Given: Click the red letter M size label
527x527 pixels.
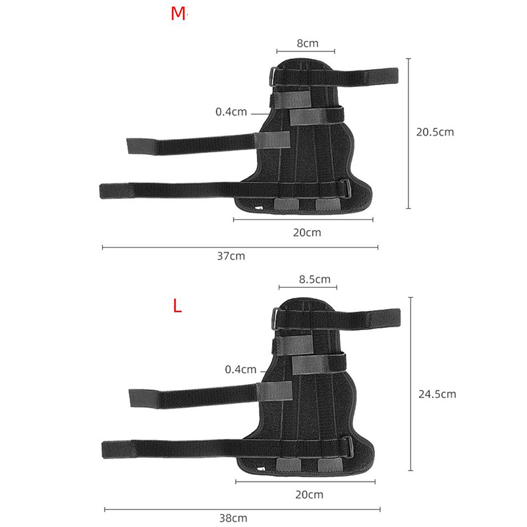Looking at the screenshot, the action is (x=178, y=14).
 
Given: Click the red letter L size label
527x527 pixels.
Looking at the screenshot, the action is (x=177, y=306).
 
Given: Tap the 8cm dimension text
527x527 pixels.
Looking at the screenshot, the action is (x=308, y=43).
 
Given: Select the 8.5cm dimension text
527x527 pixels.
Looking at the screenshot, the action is (x=315, y=279).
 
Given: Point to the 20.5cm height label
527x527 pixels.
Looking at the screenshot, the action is (x=435, y=132).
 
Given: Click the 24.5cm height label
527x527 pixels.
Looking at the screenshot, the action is (x=437, y=394).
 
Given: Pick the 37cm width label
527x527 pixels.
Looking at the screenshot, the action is (x=231, y=256).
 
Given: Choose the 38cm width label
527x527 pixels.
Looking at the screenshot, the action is (x=233, y=518).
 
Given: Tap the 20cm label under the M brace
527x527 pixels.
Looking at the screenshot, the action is (x=307, y=233).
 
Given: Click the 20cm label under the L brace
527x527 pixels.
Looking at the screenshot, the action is (x=309, y=495).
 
